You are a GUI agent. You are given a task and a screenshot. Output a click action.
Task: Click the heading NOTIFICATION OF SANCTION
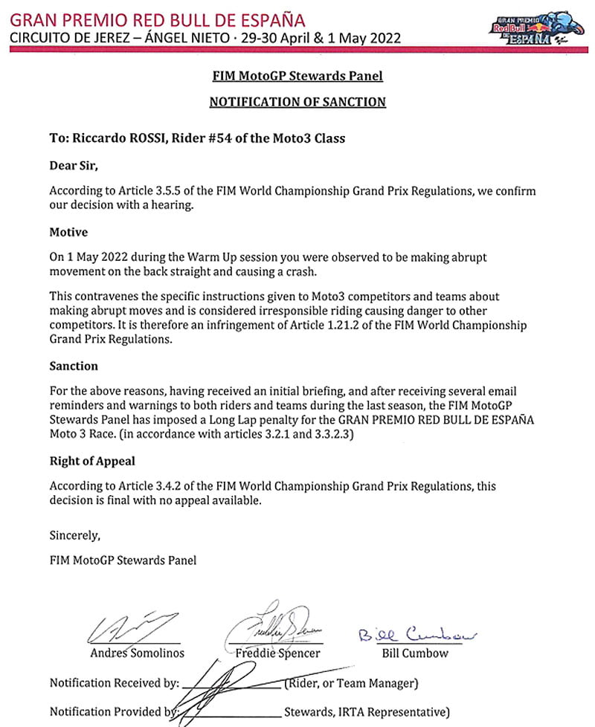(297, 101)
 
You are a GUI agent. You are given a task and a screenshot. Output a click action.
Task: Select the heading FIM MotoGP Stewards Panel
(297, 76)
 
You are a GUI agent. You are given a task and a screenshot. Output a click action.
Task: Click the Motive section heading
(68, 232)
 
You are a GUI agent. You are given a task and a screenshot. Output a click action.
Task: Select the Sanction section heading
(74, 366)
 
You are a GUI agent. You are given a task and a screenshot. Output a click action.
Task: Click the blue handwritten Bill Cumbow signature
(416, 636)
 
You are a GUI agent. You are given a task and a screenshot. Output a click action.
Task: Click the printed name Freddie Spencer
(277, 653)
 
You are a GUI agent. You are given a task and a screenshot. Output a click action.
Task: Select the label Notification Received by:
(114, 682)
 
